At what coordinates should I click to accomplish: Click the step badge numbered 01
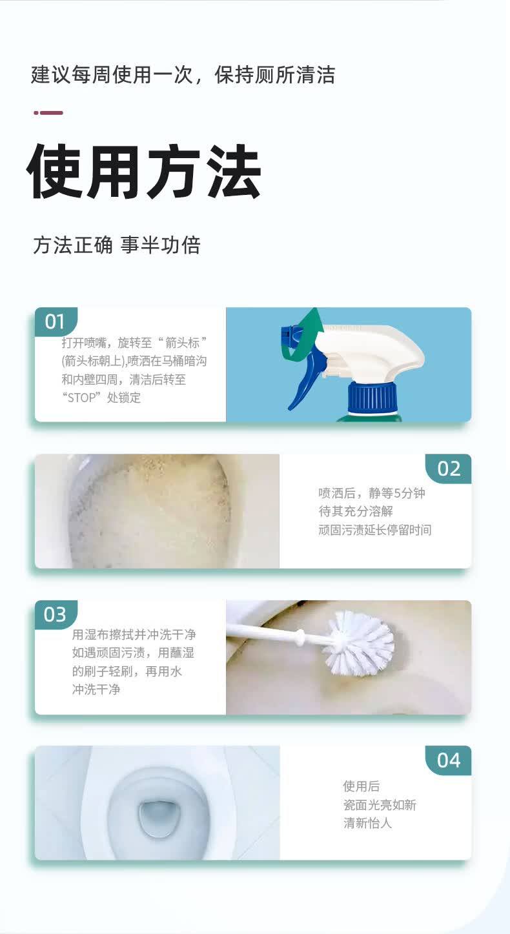tap(55, 321)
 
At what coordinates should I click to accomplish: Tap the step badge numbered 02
tap(449, 468)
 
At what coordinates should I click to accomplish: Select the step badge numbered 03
tap(55, 614)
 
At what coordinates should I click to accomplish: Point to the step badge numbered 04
tap(449, 760)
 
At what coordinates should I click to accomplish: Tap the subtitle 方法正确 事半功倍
tap(117, 245)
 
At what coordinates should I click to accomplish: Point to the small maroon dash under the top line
tap(48, 113)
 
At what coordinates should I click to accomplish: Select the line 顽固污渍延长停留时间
tap(374, 530)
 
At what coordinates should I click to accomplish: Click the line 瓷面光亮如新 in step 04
tap(380, 805)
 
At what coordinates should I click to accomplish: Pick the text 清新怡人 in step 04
tap(367, 823)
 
